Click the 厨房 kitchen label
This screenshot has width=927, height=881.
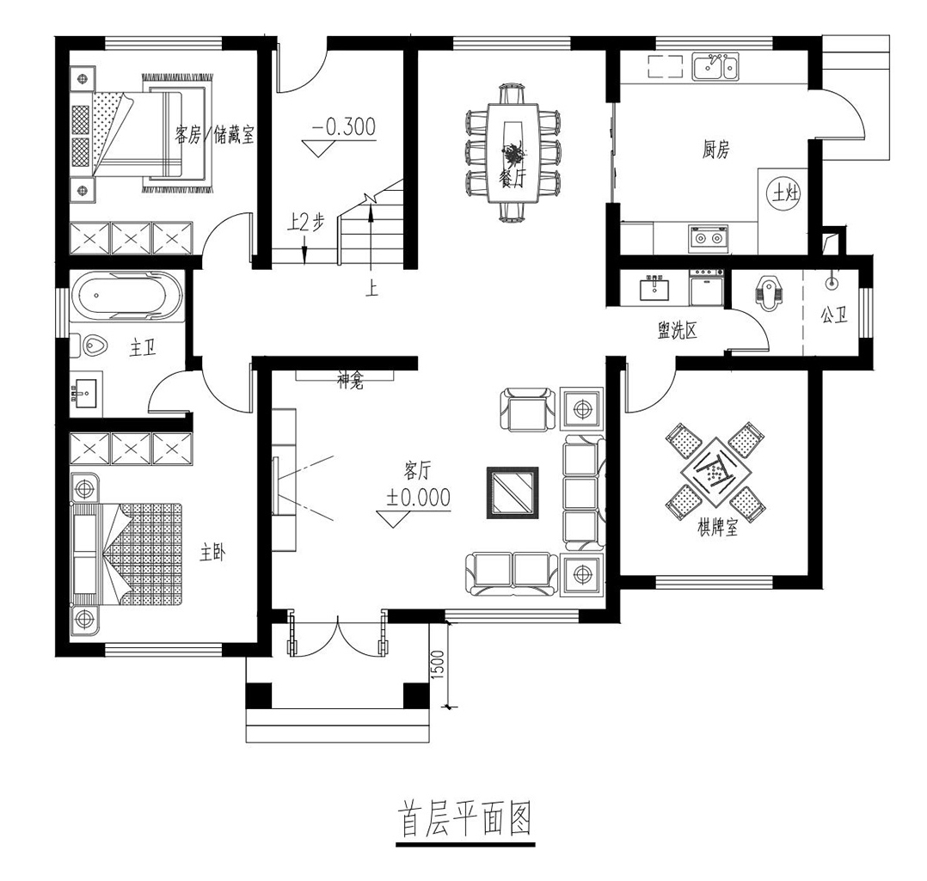tap(715, 150)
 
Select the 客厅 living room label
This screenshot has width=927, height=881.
tap(417, 471)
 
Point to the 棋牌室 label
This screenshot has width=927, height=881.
tap(718, 527)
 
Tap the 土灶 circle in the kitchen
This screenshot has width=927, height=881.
tap(785, 193)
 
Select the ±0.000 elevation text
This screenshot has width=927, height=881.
tap(419, 498)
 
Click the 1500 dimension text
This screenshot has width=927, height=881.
tap(438, 665)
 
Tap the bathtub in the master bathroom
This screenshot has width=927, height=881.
tap(126, 296)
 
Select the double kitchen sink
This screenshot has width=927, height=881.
tap(715, 67)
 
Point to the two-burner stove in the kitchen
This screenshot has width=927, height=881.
tap(709, 239)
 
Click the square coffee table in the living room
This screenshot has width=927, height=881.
tap(513, 493)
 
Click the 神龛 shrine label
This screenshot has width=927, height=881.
tap(350, 382)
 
